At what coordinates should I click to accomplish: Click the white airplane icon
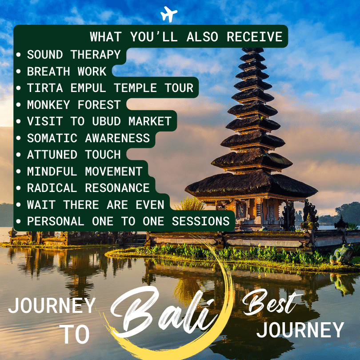pos(169,14)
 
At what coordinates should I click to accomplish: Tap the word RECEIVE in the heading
pos(255,37)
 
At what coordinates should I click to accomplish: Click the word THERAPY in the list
pos(96,55)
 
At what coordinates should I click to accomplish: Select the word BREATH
pos(48,72)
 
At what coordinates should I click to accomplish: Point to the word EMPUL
pos(88,88)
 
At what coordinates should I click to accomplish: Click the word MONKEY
pos(48,105)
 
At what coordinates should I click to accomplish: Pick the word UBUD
pos(106,121)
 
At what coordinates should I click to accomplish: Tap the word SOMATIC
pos(52,138)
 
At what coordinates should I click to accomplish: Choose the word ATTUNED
pos(52,155)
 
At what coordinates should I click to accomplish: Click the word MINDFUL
pos(52,171)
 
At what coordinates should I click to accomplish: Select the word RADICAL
pos(52,188)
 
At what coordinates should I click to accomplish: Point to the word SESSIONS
pos(201,221)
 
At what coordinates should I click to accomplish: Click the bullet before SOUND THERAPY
pos(18,55)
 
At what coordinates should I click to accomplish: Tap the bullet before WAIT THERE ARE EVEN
pos(18,204)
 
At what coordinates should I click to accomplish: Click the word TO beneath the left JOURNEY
pos(75,334)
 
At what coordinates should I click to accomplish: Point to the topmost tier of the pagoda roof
pos(253,50)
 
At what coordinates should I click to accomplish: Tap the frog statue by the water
pos(342,254)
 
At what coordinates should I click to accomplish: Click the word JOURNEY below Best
pos(300,330)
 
